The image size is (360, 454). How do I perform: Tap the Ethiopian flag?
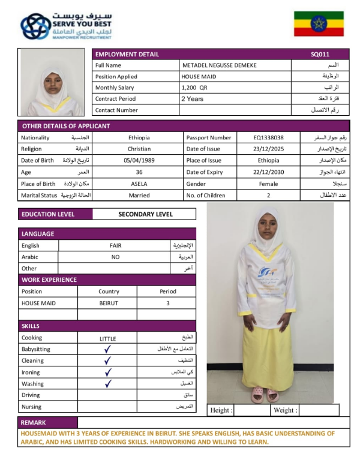pyautogui.click(x=318, y=23)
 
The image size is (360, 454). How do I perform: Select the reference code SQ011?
pyautogui.click(x=320, y=54)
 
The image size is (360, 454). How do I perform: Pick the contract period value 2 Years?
pyautogui.click(x=193, y=99)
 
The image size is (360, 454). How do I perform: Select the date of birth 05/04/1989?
pyautogui.click(x=139, y=161)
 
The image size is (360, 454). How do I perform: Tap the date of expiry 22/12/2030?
pyautogui.click(x=268, y=172)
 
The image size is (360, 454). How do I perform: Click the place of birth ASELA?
pyautogui.click(x=139, y=184)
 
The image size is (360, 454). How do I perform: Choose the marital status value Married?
pyautogui.click(x=139, y=196)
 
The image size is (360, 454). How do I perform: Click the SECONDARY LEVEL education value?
pyautogui.click(x=145, y=214)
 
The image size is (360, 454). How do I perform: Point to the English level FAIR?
pyautogui.click(x=115, y=245)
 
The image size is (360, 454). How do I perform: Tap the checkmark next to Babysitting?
pyautogui.click(x=107, y=349)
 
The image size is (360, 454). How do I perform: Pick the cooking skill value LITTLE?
pyautogui.click(x=107, y=338)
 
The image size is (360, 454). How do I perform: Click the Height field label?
pyautogui.click(x=220, y=410)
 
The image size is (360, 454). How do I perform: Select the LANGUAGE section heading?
pyautogui.click(x=38, y=234)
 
